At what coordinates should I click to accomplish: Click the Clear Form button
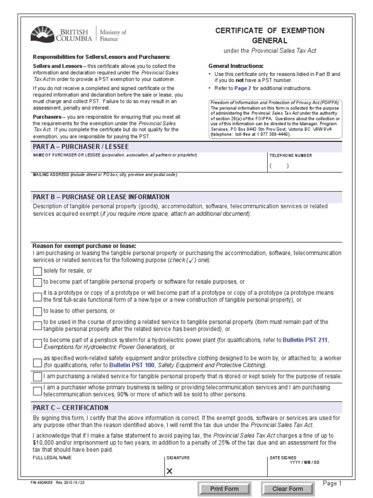click(x=288, y=489)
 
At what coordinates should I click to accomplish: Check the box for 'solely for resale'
click(x=37, y=271)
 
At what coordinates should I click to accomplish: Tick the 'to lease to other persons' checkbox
click(x=37, y=311)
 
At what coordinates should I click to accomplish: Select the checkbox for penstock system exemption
click(x=37, y=343)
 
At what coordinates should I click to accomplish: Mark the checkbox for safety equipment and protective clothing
click(x=37, y=362)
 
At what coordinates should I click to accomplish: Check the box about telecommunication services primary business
click(x=37, y=391)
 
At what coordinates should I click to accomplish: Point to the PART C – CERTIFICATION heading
click(x=70, y=408)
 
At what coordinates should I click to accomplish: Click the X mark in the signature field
click(x=170, y=471)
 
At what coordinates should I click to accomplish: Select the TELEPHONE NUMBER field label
click(x=291, y=156)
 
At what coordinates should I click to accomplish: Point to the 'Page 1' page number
click(x=333, y=483)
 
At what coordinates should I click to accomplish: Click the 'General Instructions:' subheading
click(x=236, y=66)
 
